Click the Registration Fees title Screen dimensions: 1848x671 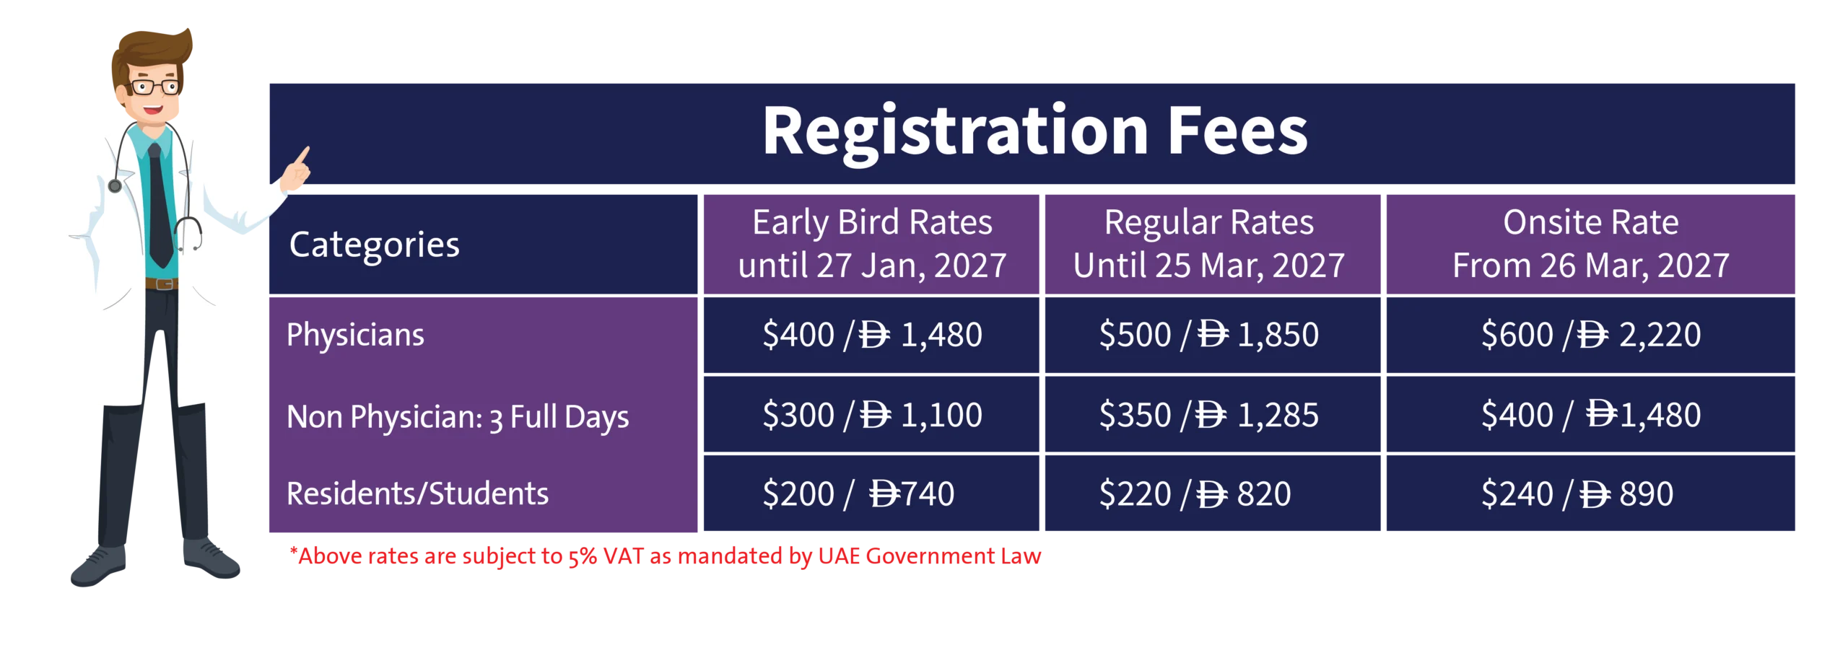(x=1034, y=131)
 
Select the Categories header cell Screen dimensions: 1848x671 (x=483, y=244)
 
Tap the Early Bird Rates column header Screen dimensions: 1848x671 (x=871, y=244)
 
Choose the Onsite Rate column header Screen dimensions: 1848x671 (x=1590, y=244)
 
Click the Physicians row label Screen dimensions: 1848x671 (x=355, y=335)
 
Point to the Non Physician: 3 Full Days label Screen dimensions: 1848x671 (x=458, y=418)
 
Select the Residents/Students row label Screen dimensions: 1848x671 (x=417, y=494)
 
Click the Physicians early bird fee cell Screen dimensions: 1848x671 (x=871, y=335)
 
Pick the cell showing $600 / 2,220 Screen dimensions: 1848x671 (x=1590, y=335)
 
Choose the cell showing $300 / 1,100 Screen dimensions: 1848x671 (x=871, y=414)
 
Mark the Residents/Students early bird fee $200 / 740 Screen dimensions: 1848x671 (x=871, y=494)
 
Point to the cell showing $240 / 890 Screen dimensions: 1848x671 (x=1590, y=494)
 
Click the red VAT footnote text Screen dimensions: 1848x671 (x=665, y=556)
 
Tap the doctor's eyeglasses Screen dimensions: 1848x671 (x=153, y=87)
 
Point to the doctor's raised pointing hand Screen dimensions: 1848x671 (x=297, y=170)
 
